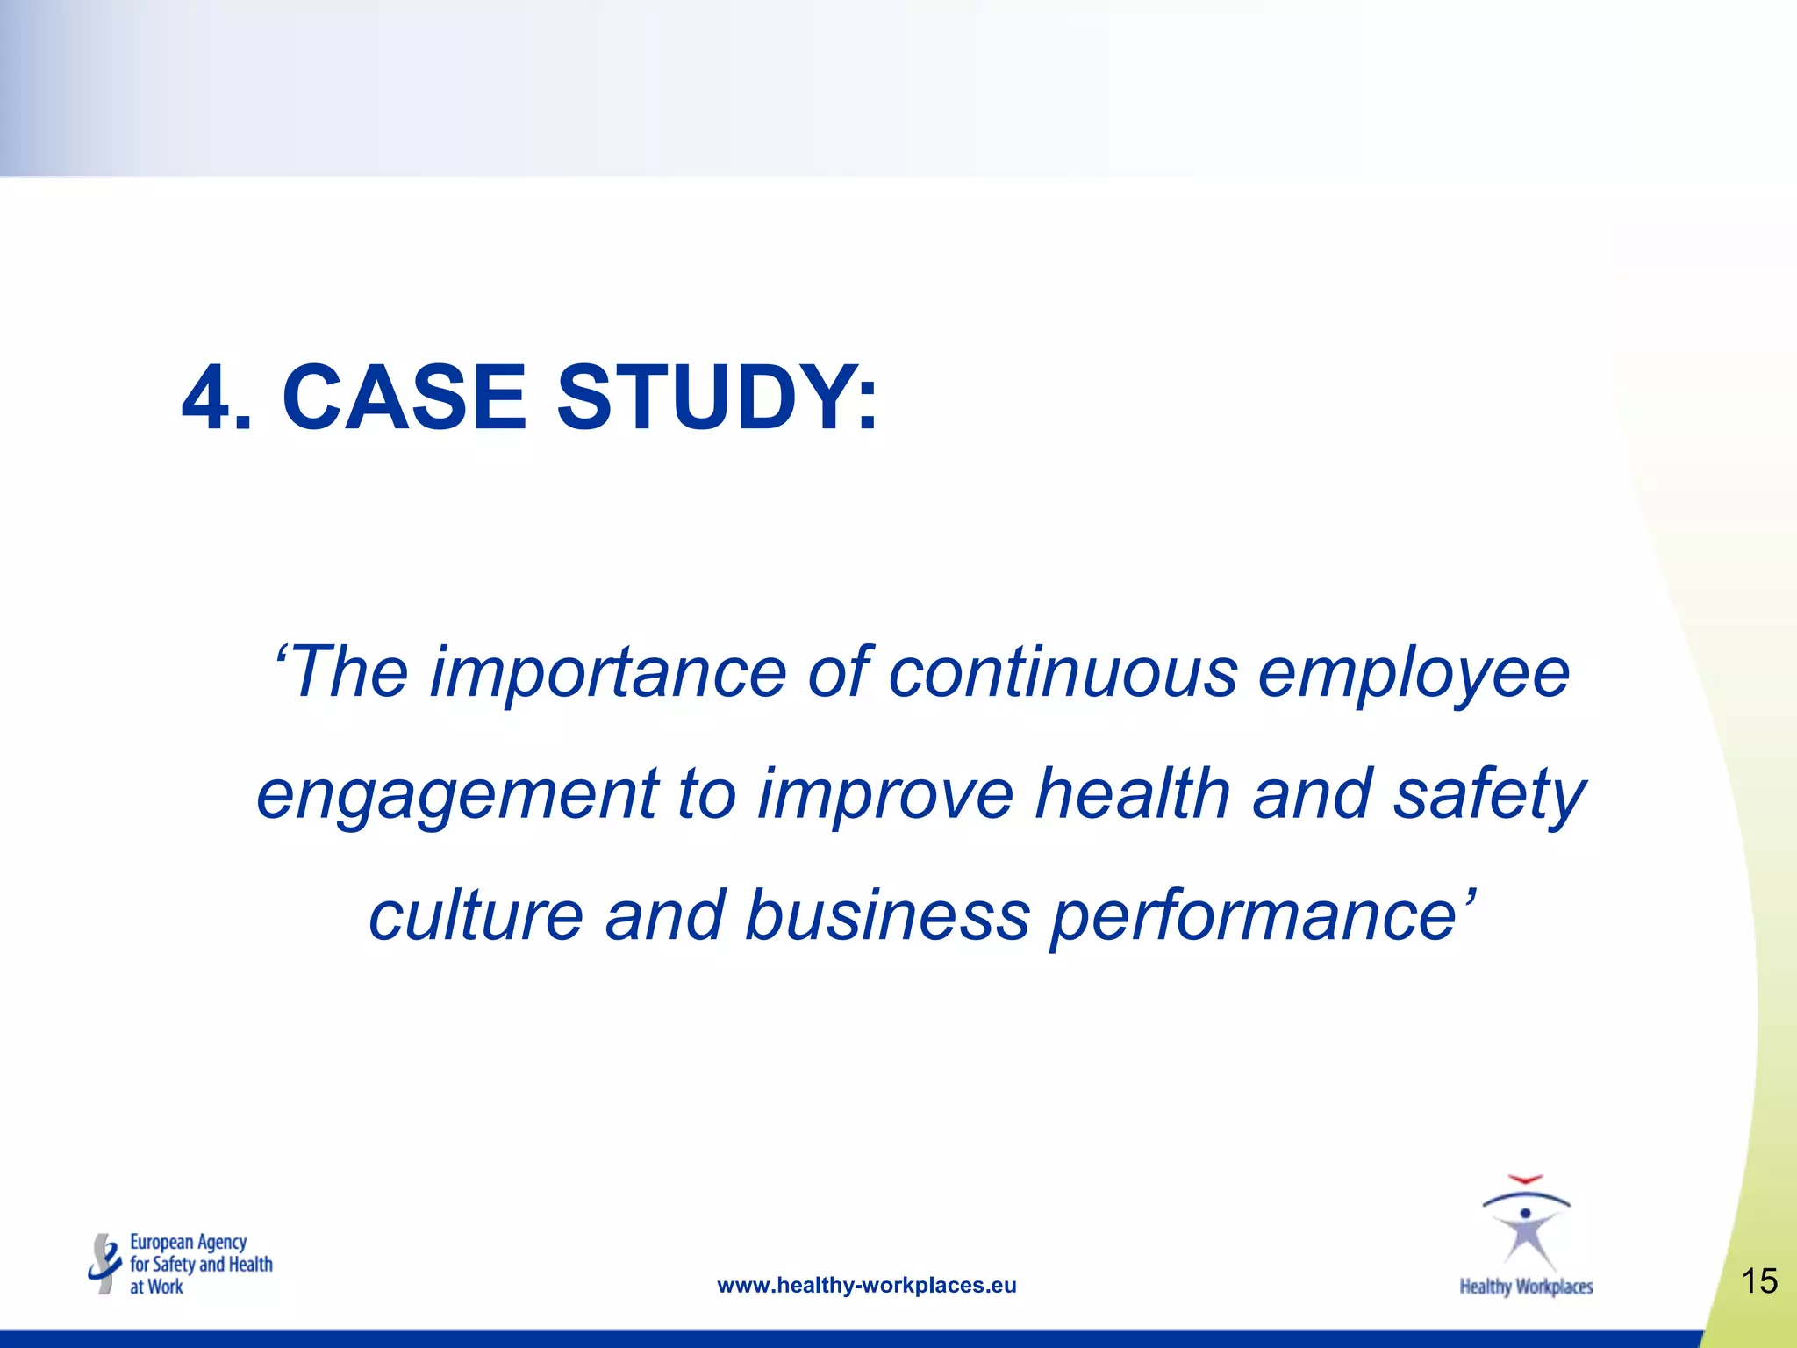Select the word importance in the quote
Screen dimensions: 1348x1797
pos(607,674)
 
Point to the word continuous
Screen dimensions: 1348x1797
pos(1063,674)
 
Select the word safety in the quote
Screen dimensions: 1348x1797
pos(1489,795)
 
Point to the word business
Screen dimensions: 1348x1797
pos(887,915)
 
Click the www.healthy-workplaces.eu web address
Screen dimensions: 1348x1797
pos(866,1286)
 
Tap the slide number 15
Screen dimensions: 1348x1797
pos(1758,1281)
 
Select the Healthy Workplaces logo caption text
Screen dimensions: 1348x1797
pos(1526,1287)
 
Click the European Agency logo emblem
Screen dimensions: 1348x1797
pos(105,1264)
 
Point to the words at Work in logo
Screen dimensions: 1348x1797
pos(156,1287)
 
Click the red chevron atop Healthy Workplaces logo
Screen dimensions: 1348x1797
pos(1525,1179)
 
